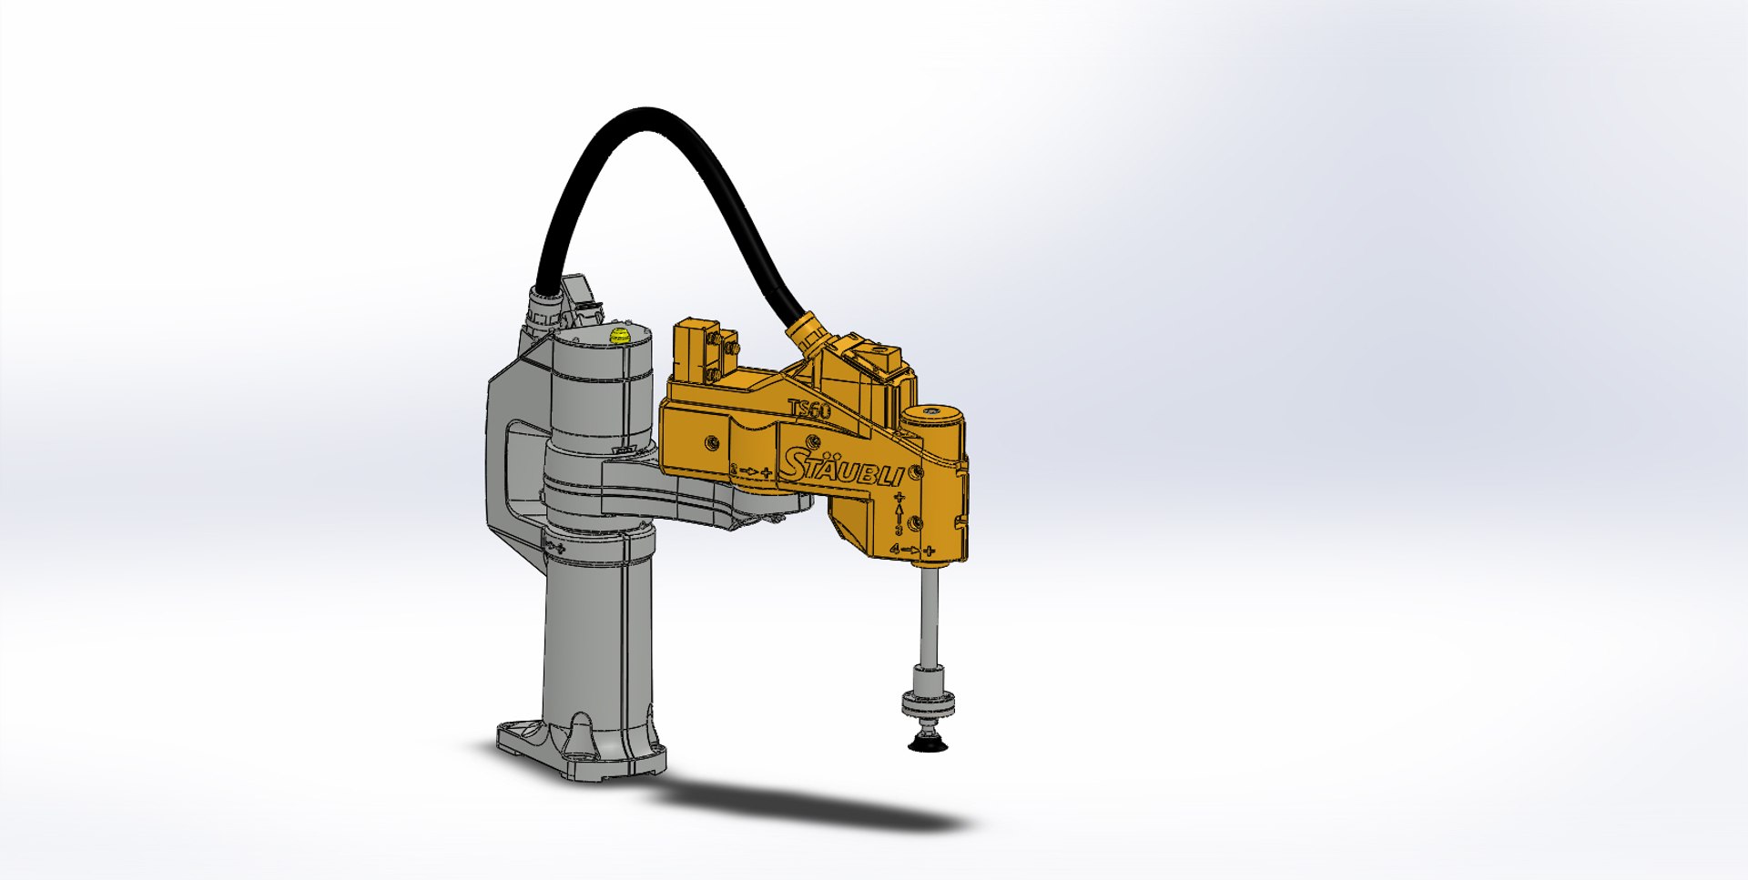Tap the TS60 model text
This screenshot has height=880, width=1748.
[x=809, y=410]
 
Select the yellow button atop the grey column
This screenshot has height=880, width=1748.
[x=621, y=337]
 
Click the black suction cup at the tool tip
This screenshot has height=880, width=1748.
[x=928, y=745]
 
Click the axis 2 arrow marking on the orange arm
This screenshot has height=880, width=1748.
[x=752, y=470]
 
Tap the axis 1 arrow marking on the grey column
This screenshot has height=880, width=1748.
[x=554, y=546]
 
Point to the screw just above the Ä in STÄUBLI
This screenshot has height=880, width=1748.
[x=711, y=442]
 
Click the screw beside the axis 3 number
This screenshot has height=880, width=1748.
[x=917, y=522]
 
